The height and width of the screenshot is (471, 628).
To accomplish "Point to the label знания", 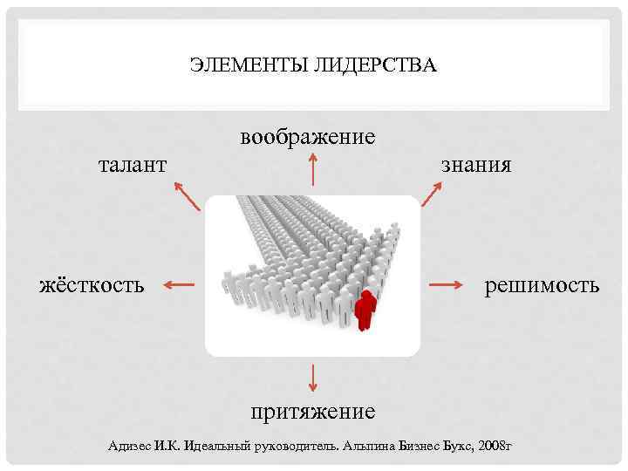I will pos(476,164).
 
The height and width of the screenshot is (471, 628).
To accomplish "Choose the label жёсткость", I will pos(92,284).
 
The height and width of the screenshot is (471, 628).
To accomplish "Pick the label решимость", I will pos(543,284).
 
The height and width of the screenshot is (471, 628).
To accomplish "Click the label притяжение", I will pos(312,409).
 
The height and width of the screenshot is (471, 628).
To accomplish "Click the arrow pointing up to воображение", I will pos(312,170).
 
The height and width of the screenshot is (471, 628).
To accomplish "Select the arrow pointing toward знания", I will pos(433,194).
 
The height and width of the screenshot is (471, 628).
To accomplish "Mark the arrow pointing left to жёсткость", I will pos(180,284).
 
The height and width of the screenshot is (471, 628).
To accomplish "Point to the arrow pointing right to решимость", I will pos(445,284).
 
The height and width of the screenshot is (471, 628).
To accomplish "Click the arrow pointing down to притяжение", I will pos(312,376).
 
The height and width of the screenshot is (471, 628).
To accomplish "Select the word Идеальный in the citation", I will pos(218,446).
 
